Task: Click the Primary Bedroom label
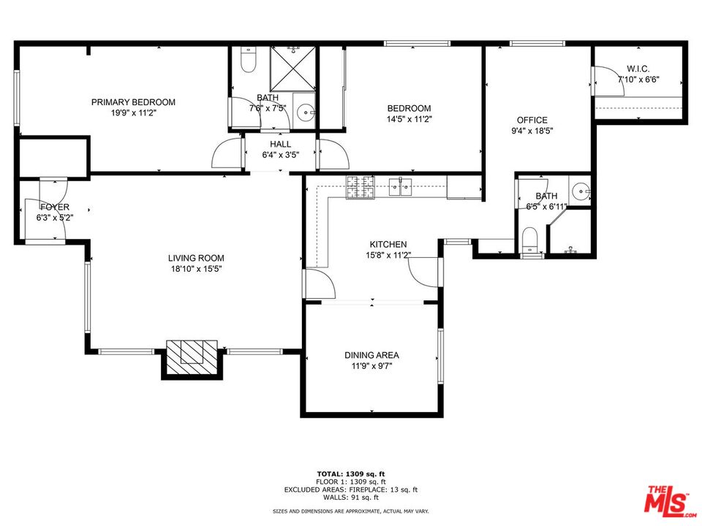133,102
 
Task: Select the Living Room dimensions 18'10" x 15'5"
196,269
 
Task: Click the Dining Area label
371,356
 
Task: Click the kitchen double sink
401,187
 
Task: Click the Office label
532,121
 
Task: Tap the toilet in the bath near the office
530,240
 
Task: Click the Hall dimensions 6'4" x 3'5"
281,155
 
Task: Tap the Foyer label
55,207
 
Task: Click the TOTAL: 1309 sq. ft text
351,473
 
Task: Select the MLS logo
666,500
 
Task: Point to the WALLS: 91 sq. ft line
351,498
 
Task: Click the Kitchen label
388,245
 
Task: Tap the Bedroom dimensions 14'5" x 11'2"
409,119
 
